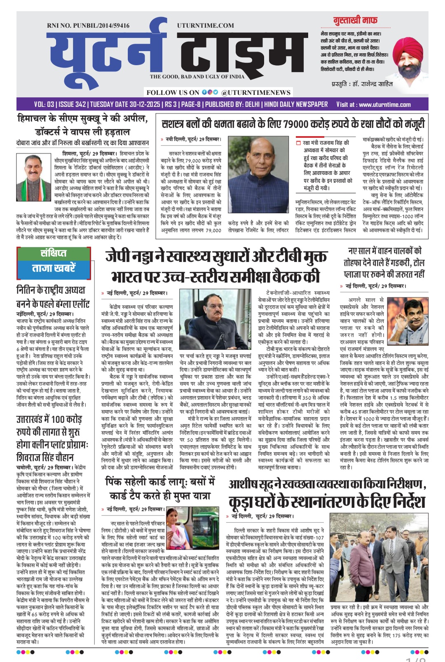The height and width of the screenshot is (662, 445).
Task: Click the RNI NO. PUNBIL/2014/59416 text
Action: (88, 26)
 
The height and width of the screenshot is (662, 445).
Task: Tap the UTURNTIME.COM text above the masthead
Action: (205, 26)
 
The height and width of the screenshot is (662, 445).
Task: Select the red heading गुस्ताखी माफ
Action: (355, 20)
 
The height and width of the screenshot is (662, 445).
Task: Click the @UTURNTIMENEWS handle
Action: (255, 93)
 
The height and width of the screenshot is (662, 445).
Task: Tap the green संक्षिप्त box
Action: (54, 253)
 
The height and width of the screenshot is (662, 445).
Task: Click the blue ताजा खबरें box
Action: (54, 269)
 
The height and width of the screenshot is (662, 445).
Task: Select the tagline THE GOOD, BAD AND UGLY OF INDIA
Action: (197, 77)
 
